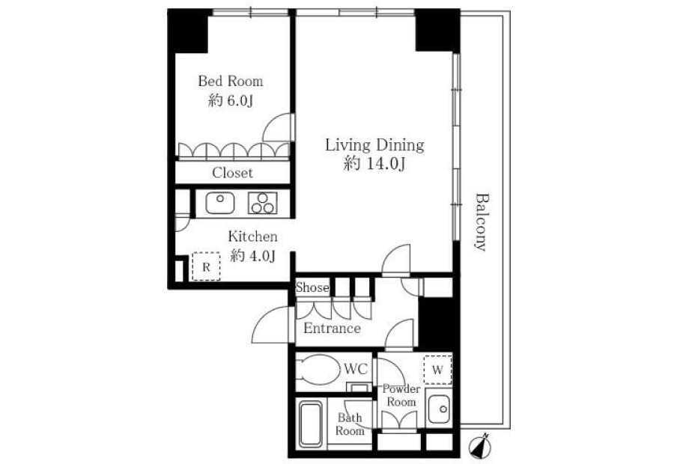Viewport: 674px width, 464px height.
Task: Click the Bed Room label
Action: [x=231, y=81]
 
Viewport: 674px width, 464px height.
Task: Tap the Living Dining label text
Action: [x=374, y=145]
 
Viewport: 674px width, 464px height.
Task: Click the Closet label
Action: [x=232, y=173]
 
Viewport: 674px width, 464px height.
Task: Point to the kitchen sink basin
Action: [x=220, y=203]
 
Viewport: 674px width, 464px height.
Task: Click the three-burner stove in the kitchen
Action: [x=263, y=203]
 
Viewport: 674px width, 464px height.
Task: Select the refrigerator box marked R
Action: [x=207, y=266]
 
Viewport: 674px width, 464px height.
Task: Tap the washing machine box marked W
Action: [x=437, y=370]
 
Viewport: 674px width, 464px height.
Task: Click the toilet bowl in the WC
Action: [x=318, y=370]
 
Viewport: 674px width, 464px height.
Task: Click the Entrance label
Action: [x=332, y=329]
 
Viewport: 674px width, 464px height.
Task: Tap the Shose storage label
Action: [x=312, y=287]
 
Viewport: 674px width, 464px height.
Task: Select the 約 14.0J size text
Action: [x=374, y=164]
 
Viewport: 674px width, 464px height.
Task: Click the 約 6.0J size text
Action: [x=231, y=101]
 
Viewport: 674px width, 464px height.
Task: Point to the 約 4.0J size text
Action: [x=253, y=256]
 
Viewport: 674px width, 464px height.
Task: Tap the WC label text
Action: [x=356, y=369]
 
